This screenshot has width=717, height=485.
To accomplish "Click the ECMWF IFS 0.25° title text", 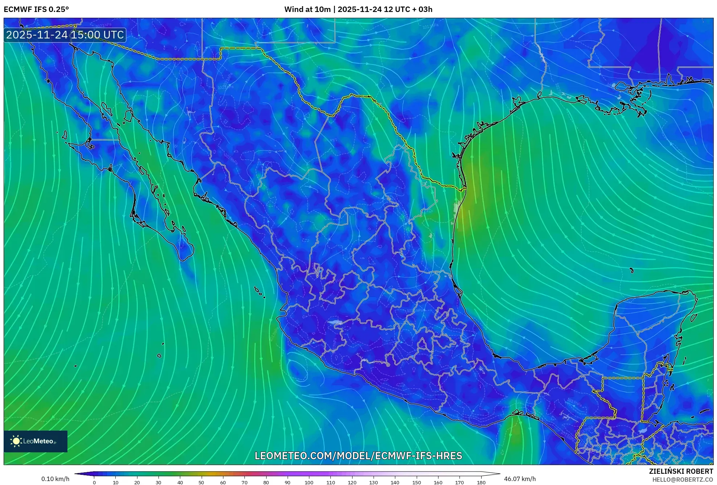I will tap(36, 9).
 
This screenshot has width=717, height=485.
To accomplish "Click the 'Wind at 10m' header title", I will tap(307, 9).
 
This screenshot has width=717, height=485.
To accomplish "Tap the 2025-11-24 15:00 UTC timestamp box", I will tap(65, 35).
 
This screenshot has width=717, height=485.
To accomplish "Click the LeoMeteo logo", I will tap(35, 441).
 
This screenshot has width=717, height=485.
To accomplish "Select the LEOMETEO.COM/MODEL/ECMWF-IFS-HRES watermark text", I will tap(358, 456).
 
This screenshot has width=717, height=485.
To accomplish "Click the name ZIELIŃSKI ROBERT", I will tap(681, 471).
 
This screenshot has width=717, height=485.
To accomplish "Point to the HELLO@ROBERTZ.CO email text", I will tap(683, 480).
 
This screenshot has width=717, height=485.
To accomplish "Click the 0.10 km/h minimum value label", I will tap(55, 479).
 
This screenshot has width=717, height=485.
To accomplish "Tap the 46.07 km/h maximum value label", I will tap(520, 479).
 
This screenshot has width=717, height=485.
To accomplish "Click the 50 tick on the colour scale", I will tap(201, 482).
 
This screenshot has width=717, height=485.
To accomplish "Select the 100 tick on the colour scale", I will tap(309, 482).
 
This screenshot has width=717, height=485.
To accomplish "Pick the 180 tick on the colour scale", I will tap(481, 482).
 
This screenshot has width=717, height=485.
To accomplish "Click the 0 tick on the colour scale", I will tap(94, 482).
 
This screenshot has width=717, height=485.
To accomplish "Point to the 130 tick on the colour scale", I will tap(374, 482).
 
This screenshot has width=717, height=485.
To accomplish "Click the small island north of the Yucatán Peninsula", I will tap(631, 270).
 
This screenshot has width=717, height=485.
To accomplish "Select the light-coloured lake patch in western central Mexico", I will tap(335, 322).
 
